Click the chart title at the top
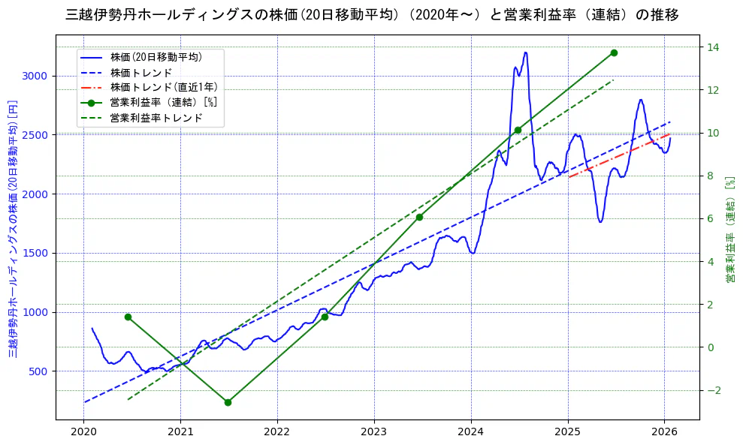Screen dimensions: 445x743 [372, 15]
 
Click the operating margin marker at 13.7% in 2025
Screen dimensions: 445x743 [614, 53]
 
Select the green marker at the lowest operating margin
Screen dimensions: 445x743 [228, 402]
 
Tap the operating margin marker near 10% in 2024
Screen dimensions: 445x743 [518, 130]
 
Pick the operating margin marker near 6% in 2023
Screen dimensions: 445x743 [419, 217]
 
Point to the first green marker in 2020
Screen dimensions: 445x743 [128, 317]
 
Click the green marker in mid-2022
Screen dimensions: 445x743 [325, 317]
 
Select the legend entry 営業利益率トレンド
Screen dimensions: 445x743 [156, 118]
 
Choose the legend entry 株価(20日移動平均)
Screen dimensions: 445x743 [156, 56]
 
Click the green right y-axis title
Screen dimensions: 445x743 [729, 229]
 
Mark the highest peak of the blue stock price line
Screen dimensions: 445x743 [525, 53]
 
